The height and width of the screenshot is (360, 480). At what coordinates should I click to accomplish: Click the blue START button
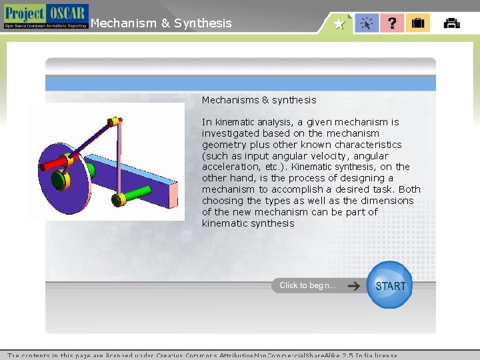tap(390, 285)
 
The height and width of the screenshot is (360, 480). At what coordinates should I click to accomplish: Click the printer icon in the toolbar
tap(451, 23)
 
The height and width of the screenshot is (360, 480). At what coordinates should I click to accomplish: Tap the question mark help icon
tap(392, 23)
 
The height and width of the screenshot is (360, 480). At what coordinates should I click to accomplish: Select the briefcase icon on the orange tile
tap(418, 23)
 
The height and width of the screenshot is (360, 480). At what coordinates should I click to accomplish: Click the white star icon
tap(339, 24)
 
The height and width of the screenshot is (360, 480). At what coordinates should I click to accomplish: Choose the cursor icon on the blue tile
tap(367, 23)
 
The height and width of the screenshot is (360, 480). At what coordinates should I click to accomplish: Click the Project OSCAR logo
tap(45, 16)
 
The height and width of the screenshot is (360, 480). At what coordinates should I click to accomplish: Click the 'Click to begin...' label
tap(307, 285)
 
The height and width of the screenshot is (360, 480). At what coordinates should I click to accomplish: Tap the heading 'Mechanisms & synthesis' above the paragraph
tap(259, 100)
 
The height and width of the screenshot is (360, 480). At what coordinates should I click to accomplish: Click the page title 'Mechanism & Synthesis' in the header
tap(161, 23)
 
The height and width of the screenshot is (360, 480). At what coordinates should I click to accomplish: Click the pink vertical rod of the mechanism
tap(120, 160)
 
